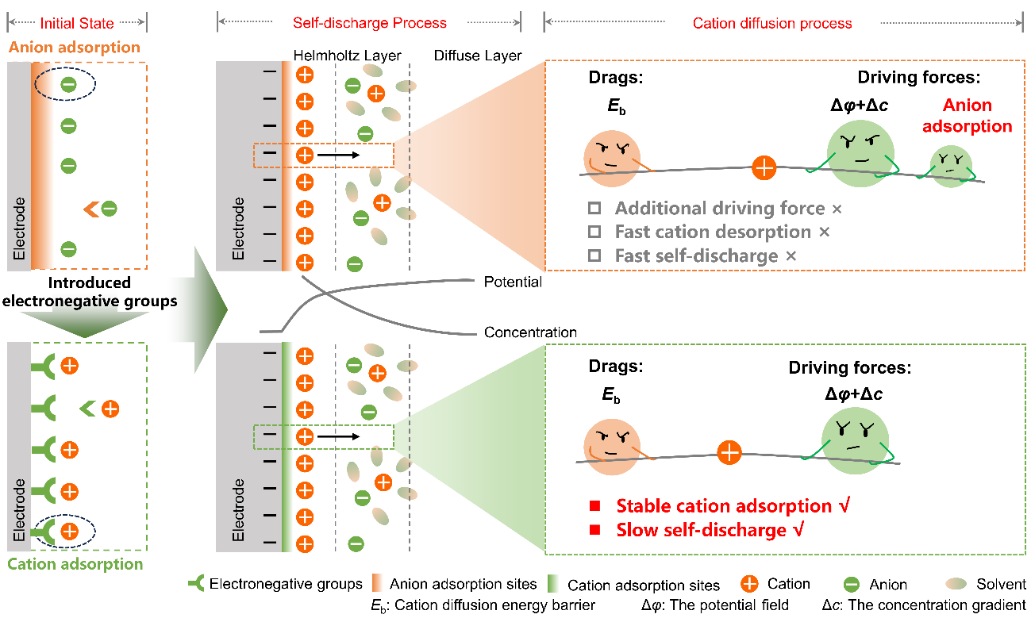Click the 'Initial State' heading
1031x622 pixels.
tap(77, 23)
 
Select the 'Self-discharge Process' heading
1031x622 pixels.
tap(370, 23)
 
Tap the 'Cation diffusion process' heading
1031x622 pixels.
tap(772, 23)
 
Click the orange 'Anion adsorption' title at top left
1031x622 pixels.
tap(75, 48)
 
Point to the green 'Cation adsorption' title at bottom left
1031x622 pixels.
tap(75, 565)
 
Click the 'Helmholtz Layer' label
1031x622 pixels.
tap(348, 56)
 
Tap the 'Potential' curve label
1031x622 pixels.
tap(513, 282)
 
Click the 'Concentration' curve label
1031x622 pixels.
tap(530, 332)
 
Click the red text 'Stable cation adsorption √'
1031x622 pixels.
tap(731, 505)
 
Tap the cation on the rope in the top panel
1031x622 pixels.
tap(764, 167)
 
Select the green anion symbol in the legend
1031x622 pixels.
tap(850, 585)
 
